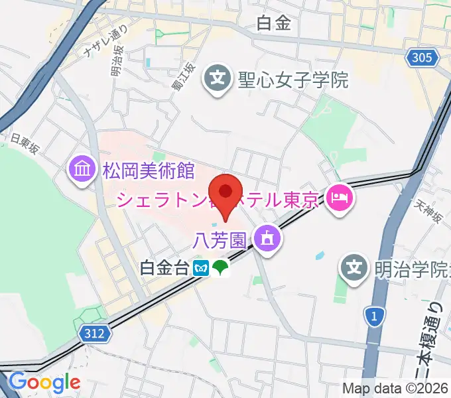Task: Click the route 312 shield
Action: click(x=95, y=336)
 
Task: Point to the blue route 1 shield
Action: click(x=375, y=317)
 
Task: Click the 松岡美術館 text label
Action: click(x=148, y=171)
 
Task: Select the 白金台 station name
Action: click(x=164, y=269)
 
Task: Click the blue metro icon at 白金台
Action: click(x=202, y=269)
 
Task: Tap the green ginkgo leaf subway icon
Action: click(x=220, y=269)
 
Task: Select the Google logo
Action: click(x=44, y=383)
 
